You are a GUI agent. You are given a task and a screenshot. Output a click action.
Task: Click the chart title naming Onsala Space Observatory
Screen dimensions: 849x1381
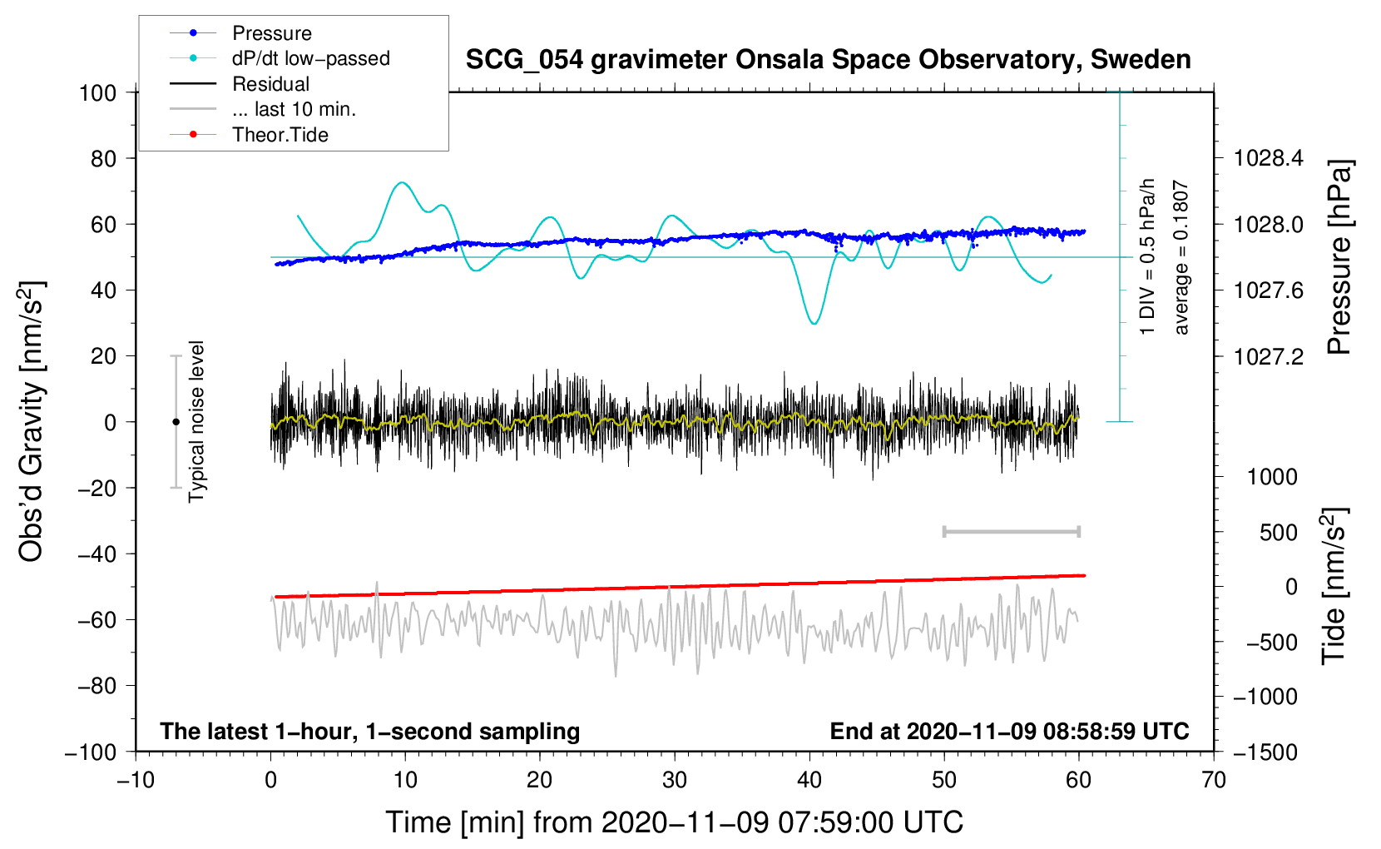828,60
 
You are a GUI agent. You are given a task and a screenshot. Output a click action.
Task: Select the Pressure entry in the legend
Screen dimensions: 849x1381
271,33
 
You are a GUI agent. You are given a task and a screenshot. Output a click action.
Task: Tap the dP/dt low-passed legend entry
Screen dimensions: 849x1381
310,58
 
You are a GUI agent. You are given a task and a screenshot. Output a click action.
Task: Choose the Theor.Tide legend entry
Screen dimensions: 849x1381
280,135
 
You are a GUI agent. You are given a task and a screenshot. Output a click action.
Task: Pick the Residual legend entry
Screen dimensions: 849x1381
270,84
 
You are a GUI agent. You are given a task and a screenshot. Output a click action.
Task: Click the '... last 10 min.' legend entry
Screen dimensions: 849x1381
294,109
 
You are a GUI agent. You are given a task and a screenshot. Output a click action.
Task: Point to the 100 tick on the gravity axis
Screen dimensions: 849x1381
97,92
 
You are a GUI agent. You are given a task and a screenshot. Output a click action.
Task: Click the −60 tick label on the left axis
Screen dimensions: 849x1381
97,620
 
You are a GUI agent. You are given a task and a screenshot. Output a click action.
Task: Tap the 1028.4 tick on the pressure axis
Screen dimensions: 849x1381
1268,158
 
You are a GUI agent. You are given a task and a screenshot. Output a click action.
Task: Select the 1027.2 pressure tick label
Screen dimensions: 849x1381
1268,356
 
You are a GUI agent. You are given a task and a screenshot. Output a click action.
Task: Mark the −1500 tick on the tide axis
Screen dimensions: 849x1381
1265,752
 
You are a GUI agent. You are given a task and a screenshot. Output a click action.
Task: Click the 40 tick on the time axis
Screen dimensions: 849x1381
809,780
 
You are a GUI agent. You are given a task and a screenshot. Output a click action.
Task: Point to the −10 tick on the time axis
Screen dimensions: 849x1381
136,780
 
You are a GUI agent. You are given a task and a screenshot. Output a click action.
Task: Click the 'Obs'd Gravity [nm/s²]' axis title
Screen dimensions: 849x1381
32,422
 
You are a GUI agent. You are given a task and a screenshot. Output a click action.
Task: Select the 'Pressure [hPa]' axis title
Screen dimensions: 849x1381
1339,257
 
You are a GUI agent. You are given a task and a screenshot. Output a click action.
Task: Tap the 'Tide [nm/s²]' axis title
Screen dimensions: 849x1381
1334,586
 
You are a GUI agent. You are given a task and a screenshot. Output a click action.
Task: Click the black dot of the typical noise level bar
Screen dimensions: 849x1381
176,422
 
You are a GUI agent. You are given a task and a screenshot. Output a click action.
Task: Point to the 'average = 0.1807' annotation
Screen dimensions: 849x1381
1181,258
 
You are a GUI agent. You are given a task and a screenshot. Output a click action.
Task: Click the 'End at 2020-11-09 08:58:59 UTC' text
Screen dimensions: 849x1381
1009,731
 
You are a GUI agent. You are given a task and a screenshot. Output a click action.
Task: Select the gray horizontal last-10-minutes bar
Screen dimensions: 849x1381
1011,531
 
